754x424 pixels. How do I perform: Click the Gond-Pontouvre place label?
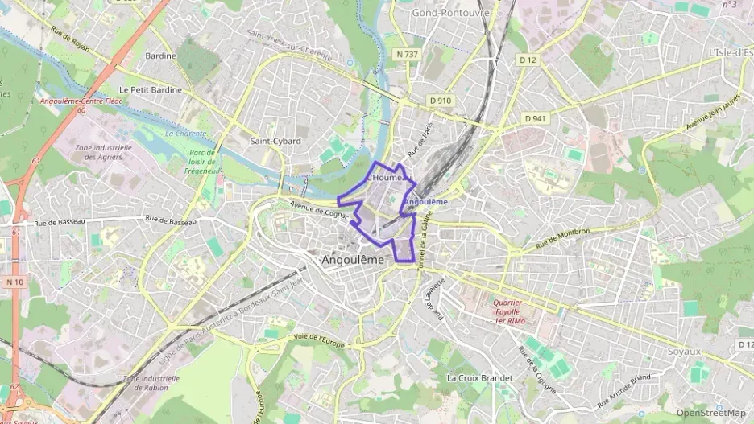451,13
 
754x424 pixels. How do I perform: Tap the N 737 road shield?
408,54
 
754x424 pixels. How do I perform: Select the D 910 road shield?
441,101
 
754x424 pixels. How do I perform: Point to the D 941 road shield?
535,118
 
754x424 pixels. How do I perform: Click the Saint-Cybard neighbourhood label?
275,141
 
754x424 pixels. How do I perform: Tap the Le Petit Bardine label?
150,90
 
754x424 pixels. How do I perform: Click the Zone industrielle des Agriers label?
102,153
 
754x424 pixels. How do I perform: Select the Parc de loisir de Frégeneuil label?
202,161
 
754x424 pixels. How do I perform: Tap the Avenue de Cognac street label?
318,208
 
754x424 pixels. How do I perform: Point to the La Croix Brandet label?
479,377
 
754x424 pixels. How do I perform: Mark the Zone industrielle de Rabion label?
151,382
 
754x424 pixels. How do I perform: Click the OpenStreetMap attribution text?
710,413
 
